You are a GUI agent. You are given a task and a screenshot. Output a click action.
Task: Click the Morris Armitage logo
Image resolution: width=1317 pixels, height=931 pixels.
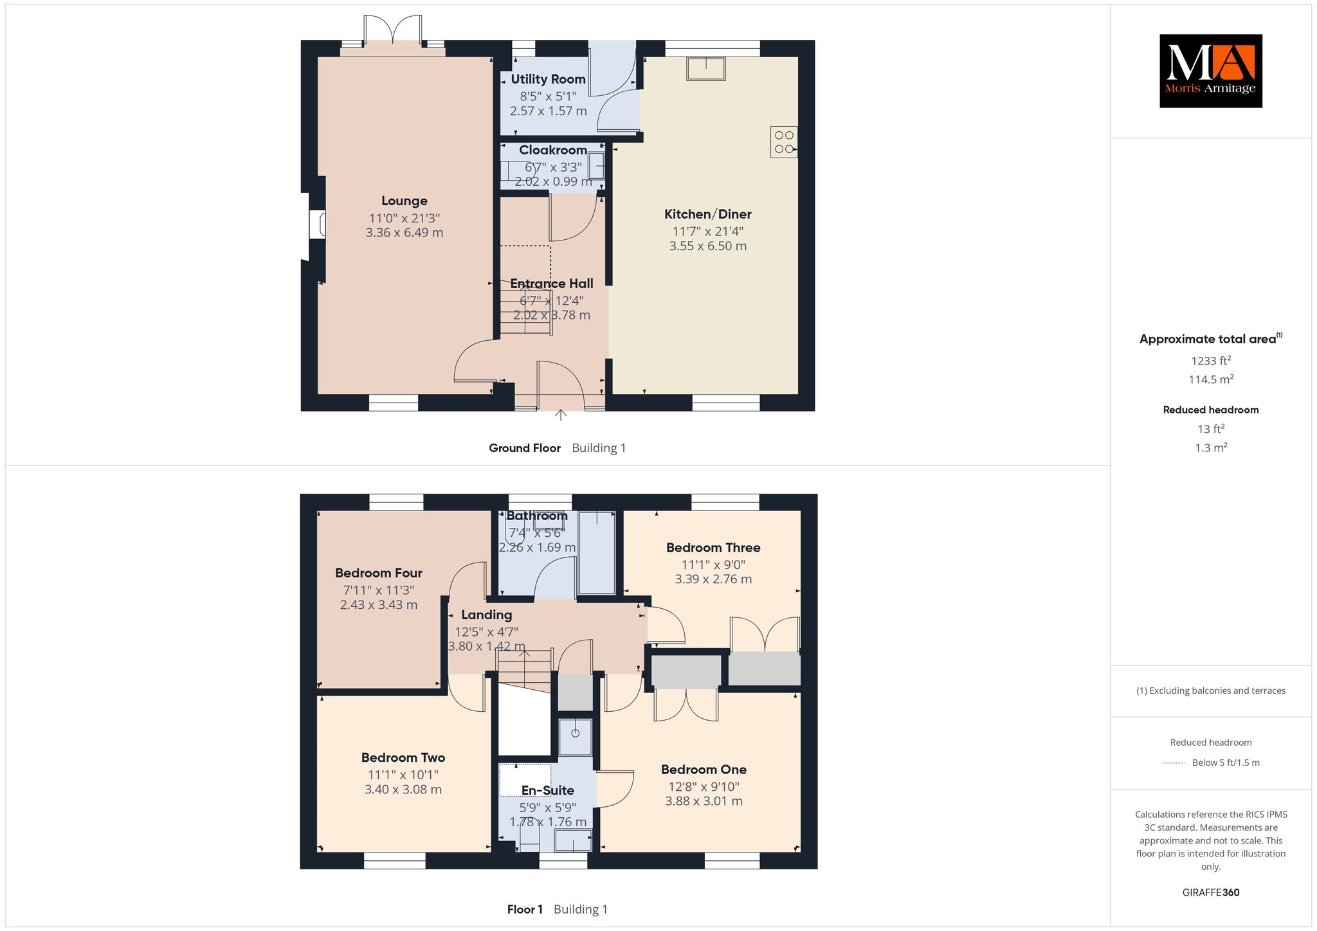(x=1211, y=71)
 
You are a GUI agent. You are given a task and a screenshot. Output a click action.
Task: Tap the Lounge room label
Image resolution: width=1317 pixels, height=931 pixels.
(x=404, y=201)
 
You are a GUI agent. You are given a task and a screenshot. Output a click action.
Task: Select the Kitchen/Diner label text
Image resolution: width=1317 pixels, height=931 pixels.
(x=708, y=214)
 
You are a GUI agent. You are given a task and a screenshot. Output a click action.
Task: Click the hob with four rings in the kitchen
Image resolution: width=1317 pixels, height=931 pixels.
(x=784, y=142)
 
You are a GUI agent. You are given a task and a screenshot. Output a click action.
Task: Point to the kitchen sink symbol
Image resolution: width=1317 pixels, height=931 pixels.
(x=706, y=69)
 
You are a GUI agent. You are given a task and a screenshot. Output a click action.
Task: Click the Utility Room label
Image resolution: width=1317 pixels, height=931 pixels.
(x=549, y=79)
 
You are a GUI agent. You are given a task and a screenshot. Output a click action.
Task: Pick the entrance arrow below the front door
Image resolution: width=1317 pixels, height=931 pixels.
(x=561, y=415)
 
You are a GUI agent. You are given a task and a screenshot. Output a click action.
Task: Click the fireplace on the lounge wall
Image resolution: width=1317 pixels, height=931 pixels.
(x=318, y=225)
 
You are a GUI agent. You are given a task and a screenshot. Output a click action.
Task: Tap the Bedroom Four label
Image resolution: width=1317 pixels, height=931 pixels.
(x=379, y=573)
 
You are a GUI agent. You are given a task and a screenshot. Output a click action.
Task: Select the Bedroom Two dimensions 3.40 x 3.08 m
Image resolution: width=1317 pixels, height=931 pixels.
(x=403, y=790)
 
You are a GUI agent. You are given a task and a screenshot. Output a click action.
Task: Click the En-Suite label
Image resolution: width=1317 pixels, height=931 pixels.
(x=548, y=791)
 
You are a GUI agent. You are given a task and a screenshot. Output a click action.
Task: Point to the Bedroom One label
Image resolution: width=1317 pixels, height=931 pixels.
(x=704, y=770)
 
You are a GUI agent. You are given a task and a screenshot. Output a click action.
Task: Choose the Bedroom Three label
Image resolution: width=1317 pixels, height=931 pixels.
(x=713, y=548)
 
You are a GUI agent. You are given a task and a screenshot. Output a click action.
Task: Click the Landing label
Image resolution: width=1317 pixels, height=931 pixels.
(x=487, y=615)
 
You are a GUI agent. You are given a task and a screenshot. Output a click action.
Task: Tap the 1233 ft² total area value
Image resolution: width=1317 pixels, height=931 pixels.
(x=1211, y=361)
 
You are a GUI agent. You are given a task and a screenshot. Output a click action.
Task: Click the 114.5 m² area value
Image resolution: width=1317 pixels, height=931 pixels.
(x=1211, y=379)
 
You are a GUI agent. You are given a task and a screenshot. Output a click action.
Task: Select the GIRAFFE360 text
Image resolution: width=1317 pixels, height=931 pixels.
(x=1211, y=892)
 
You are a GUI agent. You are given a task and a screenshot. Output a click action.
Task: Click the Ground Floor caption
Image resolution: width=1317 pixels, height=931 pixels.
(x=525, y=448)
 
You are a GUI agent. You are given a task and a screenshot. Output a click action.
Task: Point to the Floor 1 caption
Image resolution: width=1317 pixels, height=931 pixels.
(x=525, y=909)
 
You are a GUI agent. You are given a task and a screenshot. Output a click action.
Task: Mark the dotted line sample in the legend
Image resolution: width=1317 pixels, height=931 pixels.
(x=1173, y=763)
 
